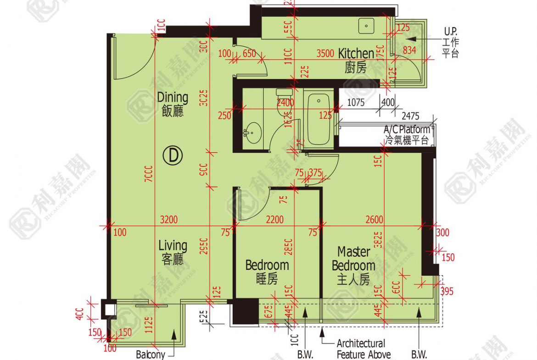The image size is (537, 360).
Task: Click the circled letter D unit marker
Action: [x=173, y=156]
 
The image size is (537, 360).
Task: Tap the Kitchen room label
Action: [x=356, y=60]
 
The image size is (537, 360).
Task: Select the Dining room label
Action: [x=173, y=104]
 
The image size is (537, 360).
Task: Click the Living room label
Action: [x=173, y=252]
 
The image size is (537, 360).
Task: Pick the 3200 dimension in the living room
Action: [x=169, y=220]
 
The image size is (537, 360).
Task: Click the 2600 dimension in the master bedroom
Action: [x=374, y=220]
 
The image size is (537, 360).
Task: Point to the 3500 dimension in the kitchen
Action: [x=325, y=53]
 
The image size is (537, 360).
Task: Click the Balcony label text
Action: [x=150, y=354]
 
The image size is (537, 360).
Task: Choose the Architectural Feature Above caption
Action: [x=364, y=349]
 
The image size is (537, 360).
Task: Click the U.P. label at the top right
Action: [x=450, y=32]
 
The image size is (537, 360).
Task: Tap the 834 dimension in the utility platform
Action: [x=410, y=50]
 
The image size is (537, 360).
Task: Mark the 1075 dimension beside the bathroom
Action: [x=356, y=103]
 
